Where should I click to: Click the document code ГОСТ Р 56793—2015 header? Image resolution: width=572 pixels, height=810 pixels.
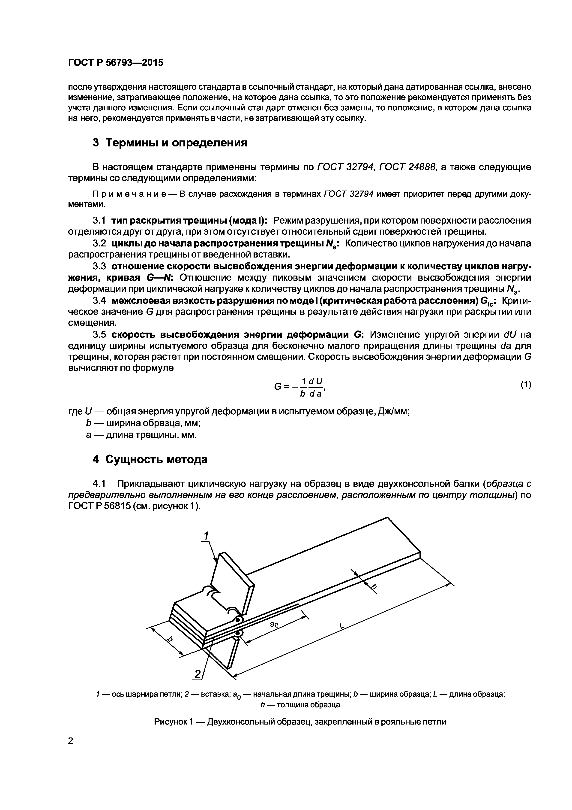point(116,63)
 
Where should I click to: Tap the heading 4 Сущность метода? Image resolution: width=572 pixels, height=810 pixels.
point(150,459)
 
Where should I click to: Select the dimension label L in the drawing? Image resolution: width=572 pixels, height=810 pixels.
point(341,626)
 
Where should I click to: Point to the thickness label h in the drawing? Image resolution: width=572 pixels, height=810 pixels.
point(374,587)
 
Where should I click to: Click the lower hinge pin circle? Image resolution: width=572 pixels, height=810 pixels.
point(238,634)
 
